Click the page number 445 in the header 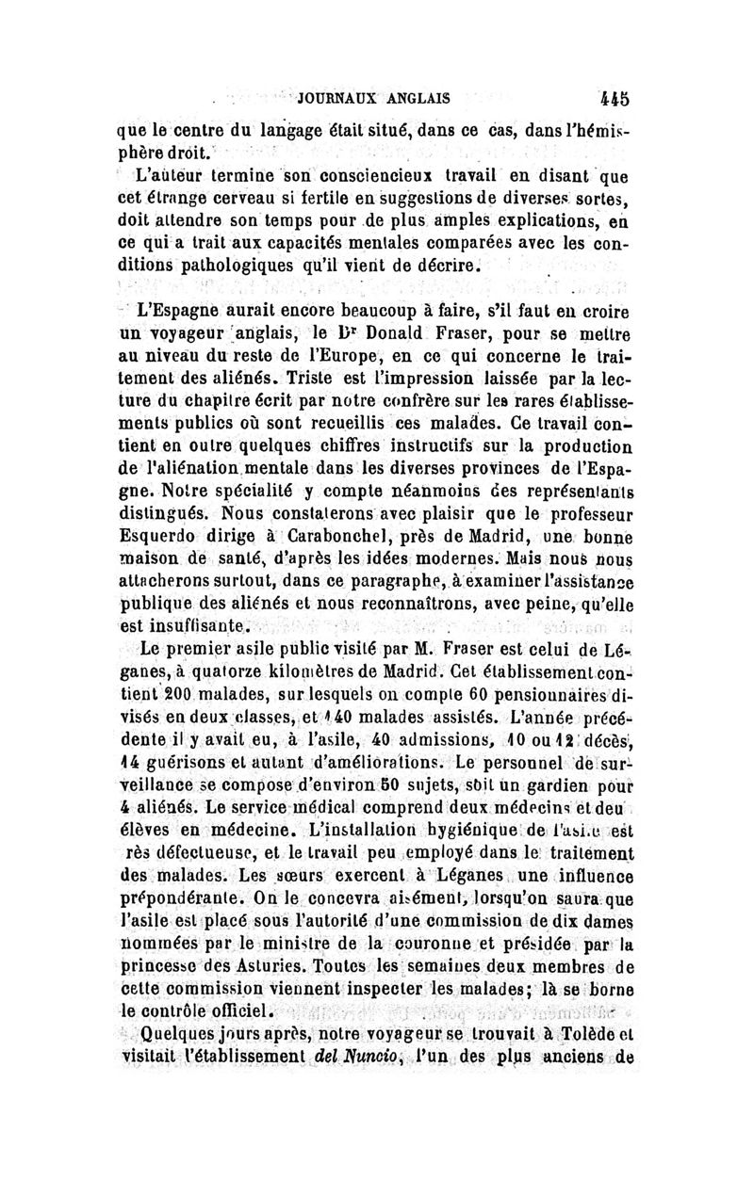(616, 96)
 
